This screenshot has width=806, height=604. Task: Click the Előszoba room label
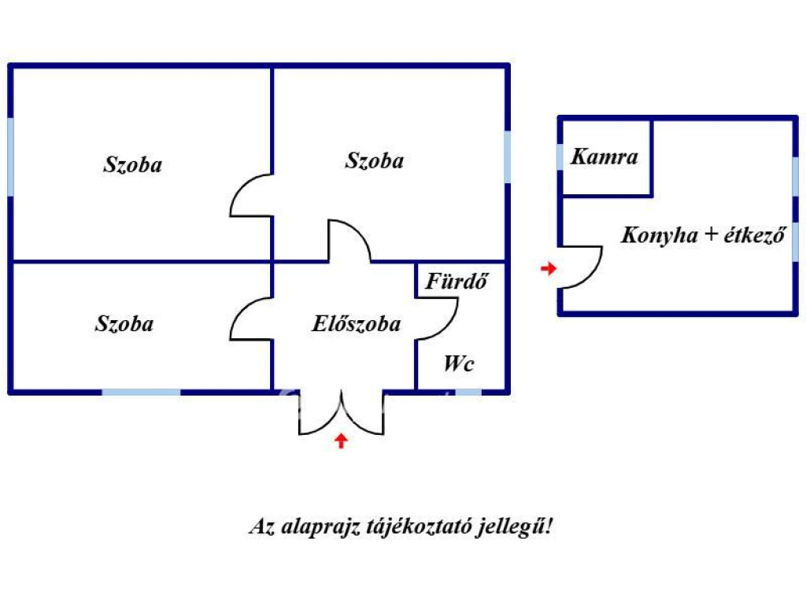click(357, 324)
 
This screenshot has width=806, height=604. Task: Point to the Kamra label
click(604, 157)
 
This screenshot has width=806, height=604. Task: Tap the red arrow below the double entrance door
click(341, 440)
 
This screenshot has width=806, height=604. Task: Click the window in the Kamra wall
click(560, 157)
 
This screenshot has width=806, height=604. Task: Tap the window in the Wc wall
click(469, 391)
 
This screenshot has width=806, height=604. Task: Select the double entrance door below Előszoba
click(341, 413)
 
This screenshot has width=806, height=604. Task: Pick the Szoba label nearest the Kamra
click(375, 160)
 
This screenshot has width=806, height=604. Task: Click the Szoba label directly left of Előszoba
click(124, 323)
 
